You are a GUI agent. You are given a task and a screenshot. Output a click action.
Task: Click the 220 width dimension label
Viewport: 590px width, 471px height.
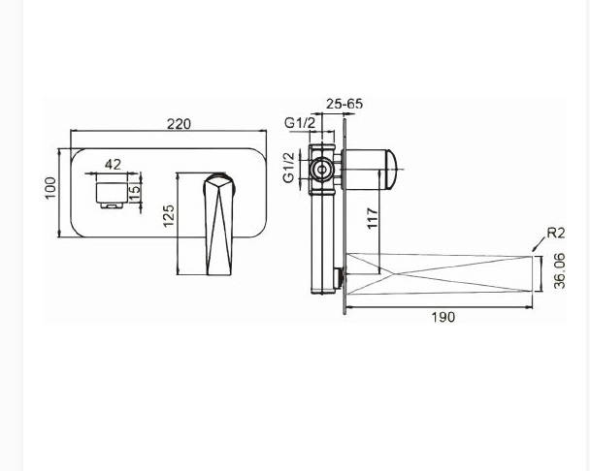(x=179, y=124)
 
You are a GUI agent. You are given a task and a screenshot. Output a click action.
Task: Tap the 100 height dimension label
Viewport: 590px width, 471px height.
(x=50, y=188)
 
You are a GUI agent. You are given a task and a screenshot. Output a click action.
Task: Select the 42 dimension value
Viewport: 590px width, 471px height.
(x=113, y=165)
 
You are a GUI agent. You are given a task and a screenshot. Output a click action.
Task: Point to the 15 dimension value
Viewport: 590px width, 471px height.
(x=134, y=189)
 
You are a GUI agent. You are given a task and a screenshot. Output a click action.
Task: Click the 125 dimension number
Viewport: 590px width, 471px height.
(x=169, y=215)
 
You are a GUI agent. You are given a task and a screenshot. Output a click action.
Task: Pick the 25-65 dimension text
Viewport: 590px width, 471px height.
(x=344, y=104)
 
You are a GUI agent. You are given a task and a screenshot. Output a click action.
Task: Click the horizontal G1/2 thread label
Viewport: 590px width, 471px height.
(x=300, y=122)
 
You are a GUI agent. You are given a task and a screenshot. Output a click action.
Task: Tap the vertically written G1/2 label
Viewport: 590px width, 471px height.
(x=289, y=168)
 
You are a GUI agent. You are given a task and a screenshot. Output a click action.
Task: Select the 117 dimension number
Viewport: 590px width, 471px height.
(x=372, y=218)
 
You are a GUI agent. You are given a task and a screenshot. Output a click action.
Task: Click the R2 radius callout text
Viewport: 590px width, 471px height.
(x=556, y=233)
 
